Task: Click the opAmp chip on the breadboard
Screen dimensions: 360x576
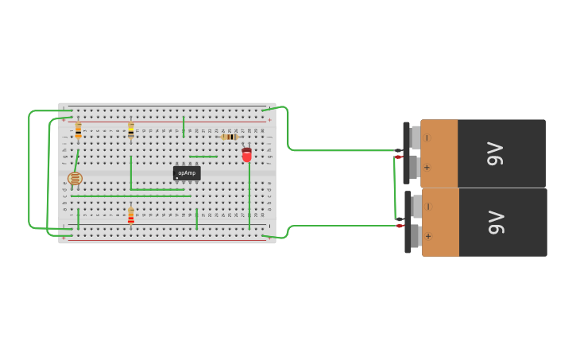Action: (x=187, y=172)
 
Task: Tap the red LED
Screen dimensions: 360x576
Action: (x=247, y=154)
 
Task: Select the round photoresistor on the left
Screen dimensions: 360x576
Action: (x=75, y=179)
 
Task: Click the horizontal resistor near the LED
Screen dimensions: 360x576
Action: (x=230, y=137)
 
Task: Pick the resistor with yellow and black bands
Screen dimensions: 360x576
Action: (x=131, y=130)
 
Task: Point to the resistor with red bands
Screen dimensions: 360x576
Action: (x=131, y=217)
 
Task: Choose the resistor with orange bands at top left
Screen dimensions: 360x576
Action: (x=78, y=130)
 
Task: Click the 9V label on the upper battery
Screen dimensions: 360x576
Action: (x=495, y=153)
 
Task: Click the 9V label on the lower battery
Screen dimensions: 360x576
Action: (x=497, y=222)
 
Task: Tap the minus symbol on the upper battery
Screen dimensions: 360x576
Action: (x=427, y=137)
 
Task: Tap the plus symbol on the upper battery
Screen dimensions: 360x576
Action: (x=427, y=168)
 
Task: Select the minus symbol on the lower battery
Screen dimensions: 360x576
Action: (x=428, y=206)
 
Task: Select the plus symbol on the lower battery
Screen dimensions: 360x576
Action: (x=428, y=236)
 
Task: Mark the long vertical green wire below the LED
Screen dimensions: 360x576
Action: (x=249, y=195)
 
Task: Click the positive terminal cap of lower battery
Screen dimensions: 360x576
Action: (x=416, y=235)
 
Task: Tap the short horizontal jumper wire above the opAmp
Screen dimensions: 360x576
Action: (x=203, y=157)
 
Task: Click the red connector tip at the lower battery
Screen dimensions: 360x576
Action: (x=400, y=226)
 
